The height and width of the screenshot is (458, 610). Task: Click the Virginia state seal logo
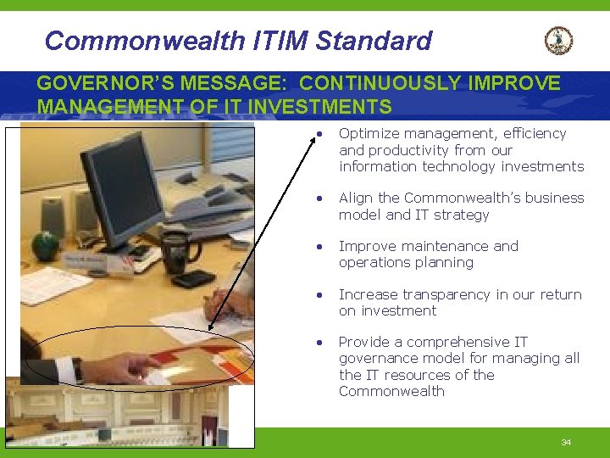558,40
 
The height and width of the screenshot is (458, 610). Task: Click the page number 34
566,443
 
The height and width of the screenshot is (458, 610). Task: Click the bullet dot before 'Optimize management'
319,135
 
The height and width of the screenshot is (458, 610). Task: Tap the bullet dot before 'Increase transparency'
319,296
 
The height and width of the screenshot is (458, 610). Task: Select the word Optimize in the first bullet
368,133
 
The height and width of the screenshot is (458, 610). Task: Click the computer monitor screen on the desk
126,188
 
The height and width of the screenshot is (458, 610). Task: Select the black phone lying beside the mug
192,278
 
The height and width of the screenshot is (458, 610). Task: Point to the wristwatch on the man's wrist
77,369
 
